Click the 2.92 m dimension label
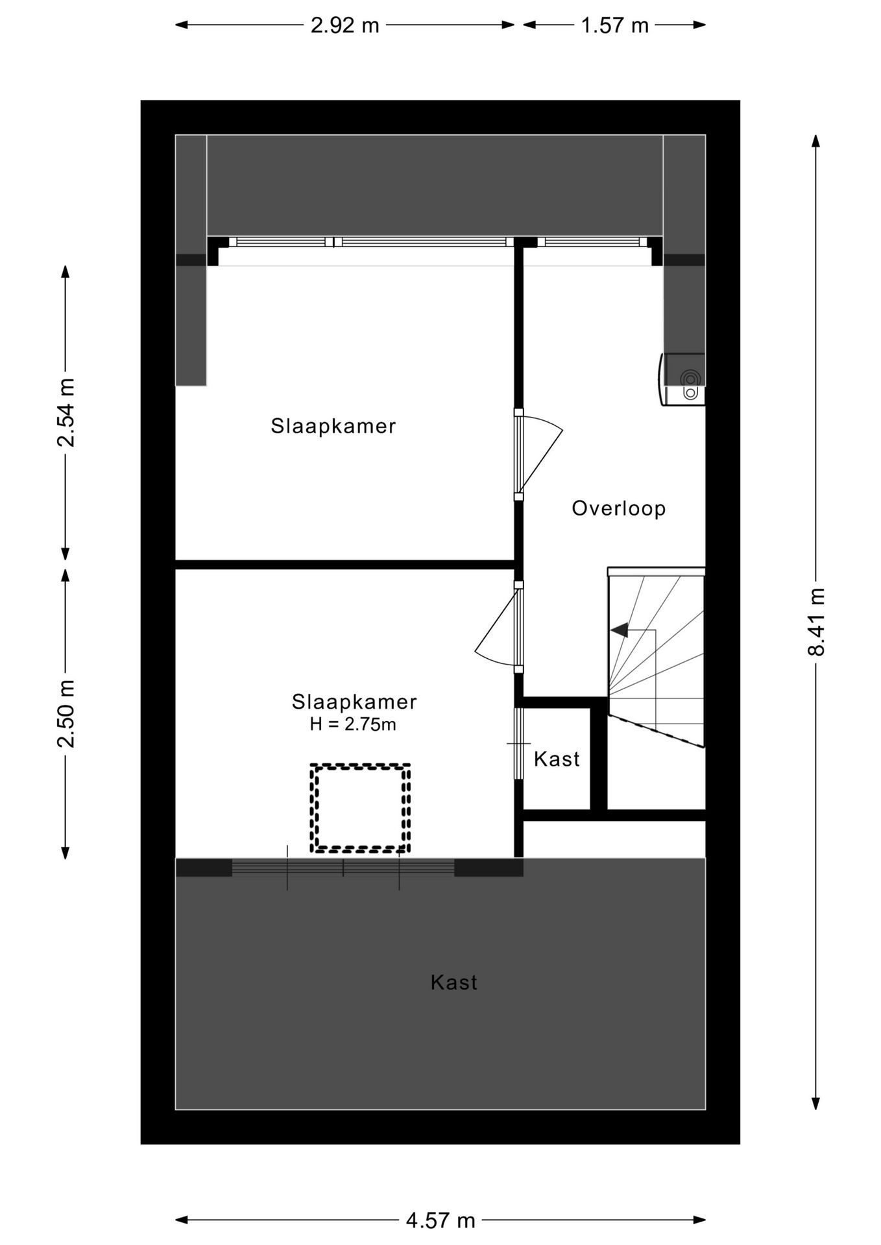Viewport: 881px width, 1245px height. click(x=344, y=25)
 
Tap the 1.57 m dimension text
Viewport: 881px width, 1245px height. click(x=614, y=25)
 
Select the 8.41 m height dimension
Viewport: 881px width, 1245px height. click(x=816, y=622)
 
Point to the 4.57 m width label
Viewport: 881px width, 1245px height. click(x=440, y=1221)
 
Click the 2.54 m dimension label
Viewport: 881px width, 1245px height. click(x=66, y=412)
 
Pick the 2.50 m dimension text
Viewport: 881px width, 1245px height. click(x=66, y=713)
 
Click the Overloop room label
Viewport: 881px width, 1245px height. click(x=618, y=508)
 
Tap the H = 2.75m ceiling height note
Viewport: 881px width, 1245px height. click(x=353, y=724)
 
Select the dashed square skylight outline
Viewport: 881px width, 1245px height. click(x=360, y=808)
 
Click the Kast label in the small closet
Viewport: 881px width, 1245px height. click(x=557, y=759)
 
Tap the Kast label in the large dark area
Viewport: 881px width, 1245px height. click(x=453, y=982)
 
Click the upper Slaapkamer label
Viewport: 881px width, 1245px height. click(x=333, y=426)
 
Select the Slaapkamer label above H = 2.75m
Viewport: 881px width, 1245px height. click(x=354, y=702)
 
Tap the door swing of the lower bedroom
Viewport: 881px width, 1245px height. click(x=496, y=629)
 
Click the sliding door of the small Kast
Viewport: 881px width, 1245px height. click(x=518, y=743)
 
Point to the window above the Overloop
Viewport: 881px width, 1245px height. click(x=592, y=243)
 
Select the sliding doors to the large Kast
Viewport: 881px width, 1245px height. click(x=343, y=868)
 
